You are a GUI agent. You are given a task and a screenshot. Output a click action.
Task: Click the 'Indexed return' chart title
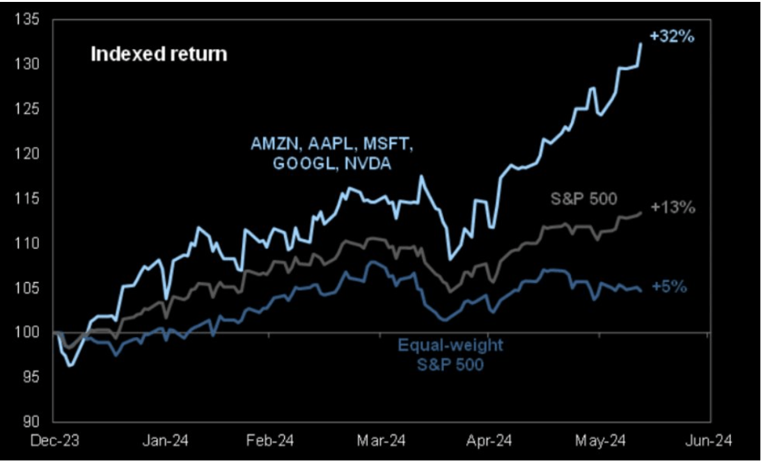[159, 54]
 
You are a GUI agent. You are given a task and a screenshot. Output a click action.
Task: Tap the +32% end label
[671, 36]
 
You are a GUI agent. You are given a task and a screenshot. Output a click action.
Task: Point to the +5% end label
[669, 287]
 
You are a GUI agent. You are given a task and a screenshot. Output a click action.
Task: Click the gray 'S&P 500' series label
[584, 199]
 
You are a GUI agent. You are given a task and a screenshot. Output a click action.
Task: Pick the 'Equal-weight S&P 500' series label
[450, 356]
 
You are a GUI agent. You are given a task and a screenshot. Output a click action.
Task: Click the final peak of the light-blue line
[641, 43]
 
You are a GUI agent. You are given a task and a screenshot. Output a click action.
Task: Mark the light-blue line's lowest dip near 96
[70, 366]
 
